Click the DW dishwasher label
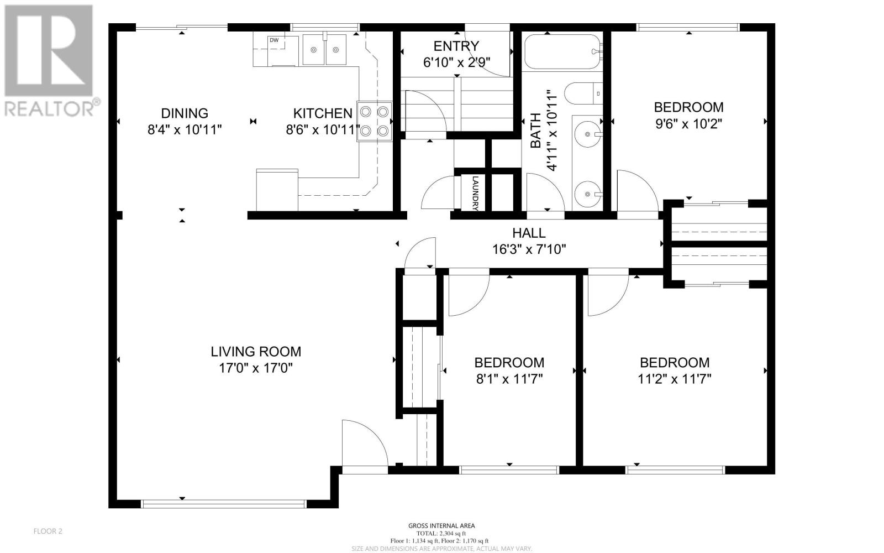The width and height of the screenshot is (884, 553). (x=274, y=40)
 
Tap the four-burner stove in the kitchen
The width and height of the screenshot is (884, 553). (x=374, y=121)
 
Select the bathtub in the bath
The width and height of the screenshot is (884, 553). (x=563, y=52)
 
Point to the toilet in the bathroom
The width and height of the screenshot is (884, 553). (x=583, y=93)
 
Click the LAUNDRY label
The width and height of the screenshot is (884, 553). (x=475, y=193)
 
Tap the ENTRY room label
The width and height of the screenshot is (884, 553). (x=456, y=46)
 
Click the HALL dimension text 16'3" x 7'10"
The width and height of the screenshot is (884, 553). (x=529, y=249)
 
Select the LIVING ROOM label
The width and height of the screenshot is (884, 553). (x=256, y=352)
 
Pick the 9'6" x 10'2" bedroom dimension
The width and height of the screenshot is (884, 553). (x=688, y=124)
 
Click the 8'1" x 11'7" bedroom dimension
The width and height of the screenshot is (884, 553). (x=509, y=379)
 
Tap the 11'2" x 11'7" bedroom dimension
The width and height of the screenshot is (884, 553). (x=675, y=379)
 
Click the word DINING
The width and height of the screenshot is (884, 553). (x=185, y=113)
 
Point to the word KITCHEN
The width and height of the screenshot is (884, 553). (x=323, y=113)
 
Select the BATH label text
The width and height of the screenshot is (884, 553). (x=535, y=131)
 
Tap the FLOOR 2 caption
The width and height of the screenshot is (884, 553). (x=48, y=531)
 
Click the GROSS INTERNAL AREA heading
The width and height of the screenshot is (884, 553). (x=441, y=526)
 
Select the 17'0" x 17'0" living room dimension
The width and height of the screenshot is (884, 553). (x=256, y=368)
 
